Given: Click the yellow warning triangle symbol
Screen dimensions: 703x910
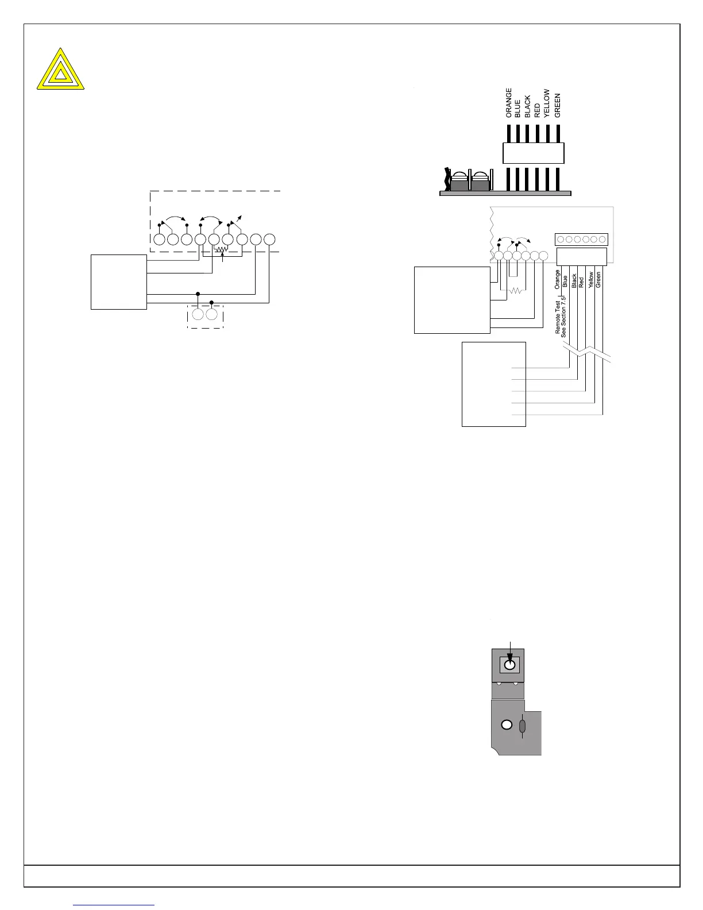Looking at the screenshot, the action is click(60, 70).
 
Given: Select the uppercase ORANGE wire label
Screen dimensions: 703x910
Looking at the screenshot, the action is click(509, 103).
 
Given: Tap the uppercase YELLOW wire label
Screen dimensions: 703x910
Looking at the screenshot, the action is click(547, 103).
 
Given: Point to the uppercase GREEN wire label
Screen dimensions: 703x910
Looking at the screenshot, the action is click(558, 106).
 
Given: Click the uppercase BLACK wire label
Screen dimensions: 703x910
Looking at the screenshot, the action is click(528, 107).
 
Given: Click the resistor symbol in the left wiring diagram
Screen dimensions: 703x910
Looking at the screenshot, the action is click(222, 250).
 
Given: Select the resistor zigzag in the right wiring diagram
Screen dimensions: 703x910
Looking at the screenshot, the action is click(516, 291).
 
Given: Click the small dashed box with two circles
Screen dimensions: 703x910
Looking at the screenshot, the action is click(205, 315).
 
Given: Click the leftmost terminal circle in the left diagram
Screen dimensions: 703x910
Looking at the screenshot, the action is click(159, 239).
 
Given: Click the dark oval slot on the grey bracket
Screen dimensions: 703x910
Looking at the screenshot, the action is click(522, 727).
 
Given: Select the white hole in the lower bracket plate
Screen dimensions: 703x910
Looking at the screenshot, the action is click(507, 724).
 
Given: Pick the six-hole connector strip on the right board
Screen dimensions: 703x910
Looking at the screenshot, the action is click(581, 240).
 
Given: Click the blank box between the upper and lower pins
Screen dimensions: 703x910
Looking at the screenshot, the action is click(534, 153).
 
